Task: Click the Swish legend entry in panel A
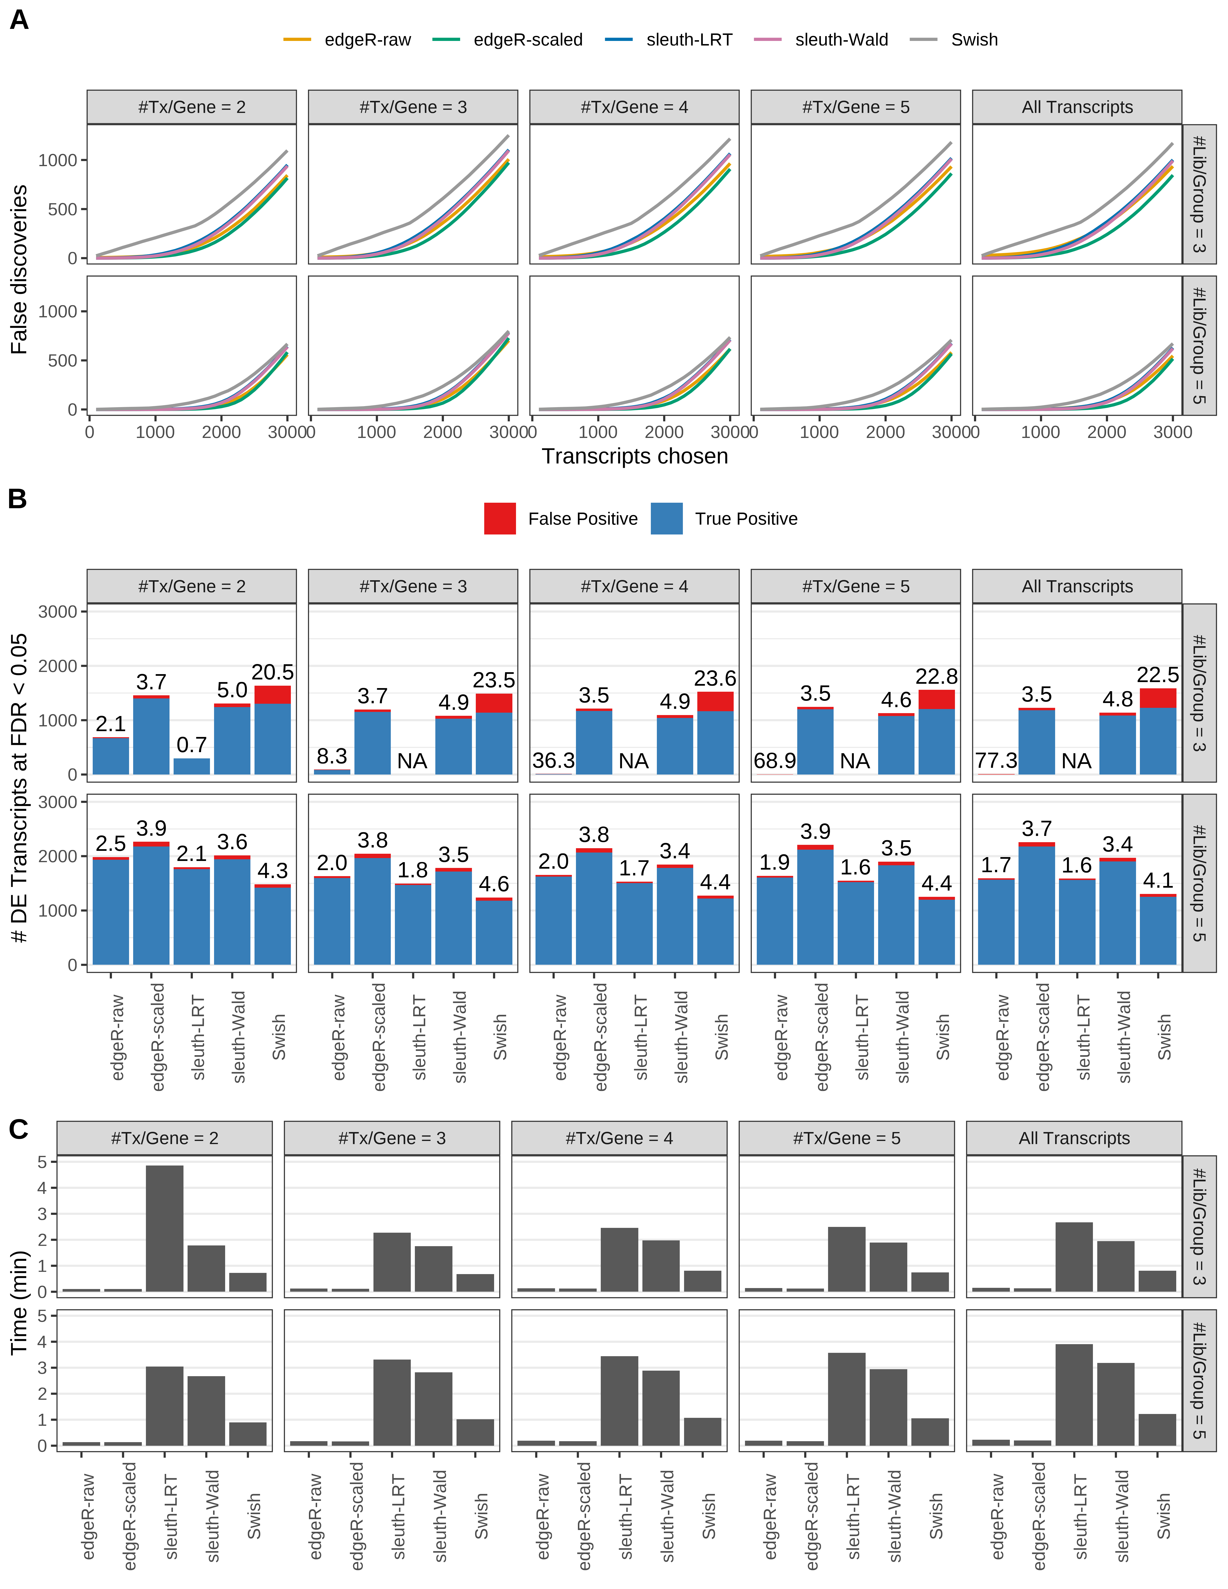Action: (x=973, y=40)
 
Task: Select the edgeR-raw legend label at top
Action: (x=367, y=40)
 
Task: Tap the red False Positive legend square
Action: (x=500, y=519)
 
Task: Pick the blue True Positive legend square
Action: (x=666, y=519)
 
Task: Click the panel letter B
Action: (x=18, y=499)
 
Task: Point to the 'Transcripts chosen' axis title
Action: (x=634, y=456)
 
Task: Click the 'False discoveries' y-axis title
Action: (x=20, y=269)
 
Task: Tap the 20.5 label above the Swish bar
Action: (x=273, y=672)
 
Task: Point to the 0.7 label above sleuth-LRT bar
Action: (x=192, y=745)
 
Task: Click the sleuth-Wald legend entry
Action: (x=841, y=40)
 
